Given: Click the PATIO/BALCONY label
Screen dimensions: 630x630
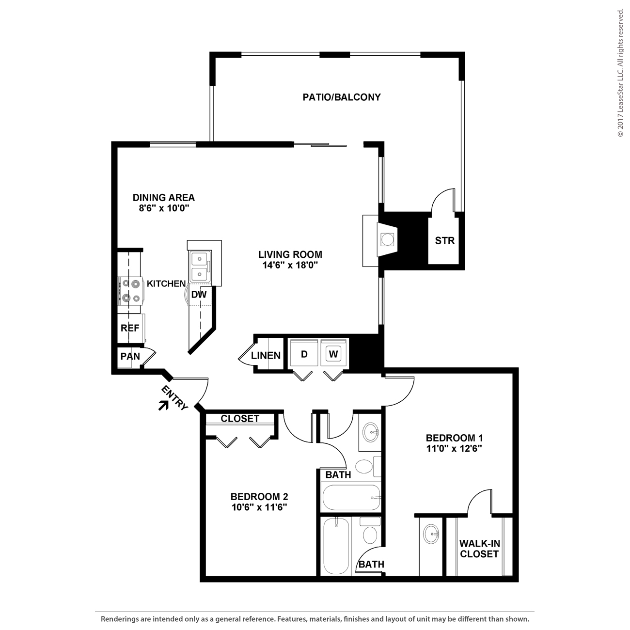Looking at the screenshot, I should pyautogui.click(x=342, y=97).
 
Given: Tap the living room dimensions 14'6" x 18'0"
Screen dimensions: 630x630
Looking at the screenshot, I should pyautogui.click(x=290, y=265).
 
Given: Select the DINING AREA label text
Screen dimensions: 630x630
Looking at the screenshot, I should pyautogui.click(x=164, y=198).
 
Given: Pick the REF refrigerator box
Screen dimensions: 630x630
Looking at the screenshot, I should pyautogui.click(x=130, y=328).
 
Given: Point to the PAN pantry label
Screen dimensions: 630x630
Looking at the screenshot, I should pyautogui.click(x=130, y=356).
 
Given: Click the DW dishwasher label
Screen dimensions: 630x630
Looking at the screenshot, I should pyautogui.click(x=199, y=295).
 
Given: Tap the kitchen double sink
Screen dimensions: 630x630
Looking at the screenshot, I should pyautogui.click(x=199, y=266).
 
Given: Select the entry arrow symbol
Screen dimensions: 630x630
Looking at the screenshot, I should pyautogui.click(x=163, y=405).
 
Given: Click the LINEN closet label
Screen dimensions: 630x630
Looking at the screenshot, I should pyautogui.click(x=266, y=356).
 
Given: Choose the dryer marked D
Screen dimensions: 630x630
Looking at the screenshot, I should pyautogui.click(x=304, y=354).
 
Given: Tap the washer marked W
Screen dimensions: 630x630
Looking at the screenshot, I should pyautogui.click(x=333, y=354).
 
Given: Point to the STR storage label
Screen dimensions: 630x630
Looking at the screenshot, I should pyautogui.click(x=444, y=240).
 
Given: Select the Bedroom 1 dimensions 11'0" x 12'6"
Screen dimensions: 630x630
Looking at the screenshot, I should pyautogui.click(x=454, y=448).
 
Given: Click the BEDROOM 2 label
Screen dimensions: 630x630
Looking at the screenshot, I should pyautogui.click(x=259, y=497).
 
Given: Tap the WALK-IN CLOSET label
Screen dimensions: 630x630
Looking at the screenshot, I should pyautogui.click(x=479, y=549).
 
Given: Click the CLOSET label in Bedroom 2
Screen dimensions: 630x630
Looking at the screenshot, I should pyautogui.click(x=240, y=419).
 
